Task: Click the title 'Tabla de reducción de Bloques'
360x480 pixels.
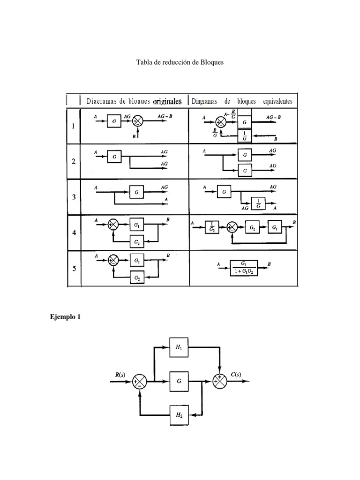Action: pyautogui.click(x=180, y=62)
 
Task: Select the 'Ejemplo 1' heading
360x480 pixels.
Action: pyautogui.click(x=65, y=317)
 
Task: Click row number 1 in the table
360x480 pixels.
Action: pyautogui.click(x=73, y=126)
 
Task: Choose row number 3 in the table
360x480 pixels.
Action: pyautogui.click(x=73, y=197)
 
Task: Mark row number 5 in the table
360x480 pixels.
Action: pyautogui.click(x=73, y=269)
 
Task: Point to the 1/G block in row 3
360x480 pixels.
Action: pyautogui.click(x=258, y=203)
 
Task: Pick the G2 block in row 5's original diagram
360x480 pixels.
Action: pyautogui.click(x=137, y=277)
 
